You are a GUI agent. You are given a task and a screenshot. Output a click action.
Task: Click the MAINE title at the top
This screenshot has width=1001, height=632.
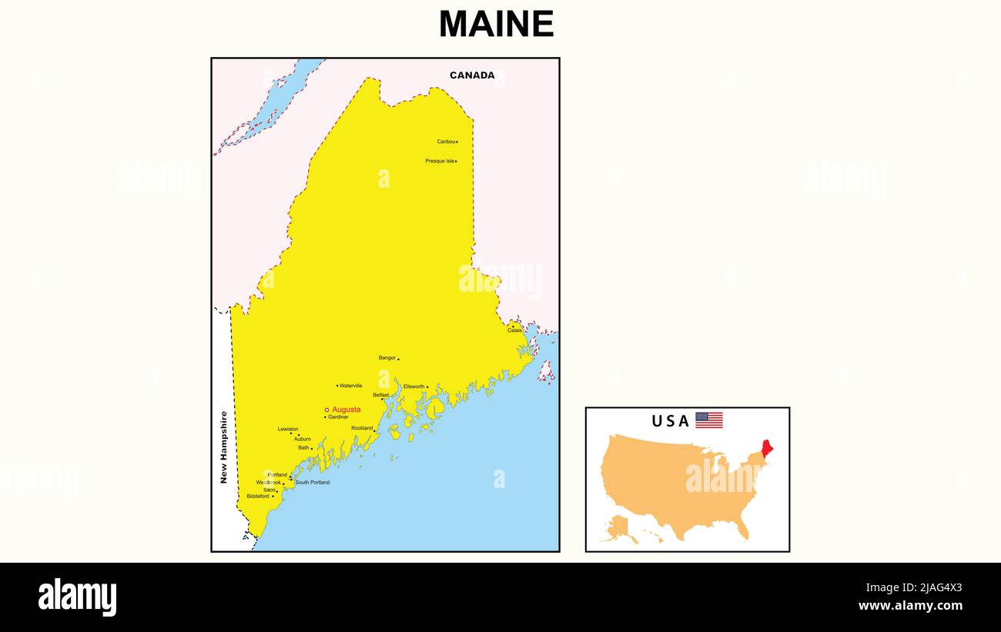click(x=496, y=25)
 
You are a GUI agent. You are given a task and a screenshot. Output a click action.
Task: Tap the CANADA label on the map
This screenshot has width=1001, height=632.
click(x=472, y=75)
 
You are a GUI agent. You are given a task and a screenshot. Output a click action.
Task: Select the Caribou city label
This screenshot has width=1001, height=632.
click(x=446, y=142)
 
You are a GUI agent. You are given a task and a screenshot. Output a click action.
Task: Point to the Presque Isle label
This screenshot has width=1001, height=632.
click(x=440, y=161)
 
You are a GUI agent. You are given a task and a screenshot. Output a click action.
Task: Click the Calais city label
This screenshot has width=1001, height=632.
click(x=514, y=330)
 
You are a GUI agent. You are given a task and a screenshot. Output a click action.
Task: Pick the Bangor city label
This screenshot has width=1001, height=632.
click(x=387, y=358)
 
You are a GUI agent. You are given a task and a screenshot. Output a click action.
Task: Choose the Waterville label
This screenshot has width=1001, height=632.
click(x=350, y=386)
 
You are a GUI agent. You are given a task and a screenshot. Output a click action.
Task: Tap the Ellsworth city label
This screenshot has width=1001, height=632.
click(x=413, y=386)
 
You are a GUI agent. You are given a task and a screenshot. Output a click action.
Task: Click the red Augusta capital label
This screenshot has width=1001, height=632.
click(x=346, y=410)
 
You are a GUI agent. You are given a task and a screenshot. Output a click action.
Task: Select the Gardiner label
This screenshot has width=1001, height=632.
click(x=338, y=417)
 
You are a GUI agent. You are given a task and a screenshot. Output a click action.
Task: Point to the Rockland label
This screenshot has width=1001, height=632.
click(x=362, y=428)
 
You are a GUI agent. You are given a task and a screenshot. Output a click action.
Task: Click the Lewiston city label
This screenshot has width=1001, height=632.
click(x=288, y=429)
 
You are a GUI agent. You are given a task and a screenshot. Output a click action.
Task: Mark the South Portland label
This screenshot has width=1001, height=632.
click(x=313, y=483)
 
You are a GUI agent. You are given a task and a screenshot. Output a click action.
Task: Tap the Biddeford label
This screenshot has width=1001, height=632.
click(x=258, y=497)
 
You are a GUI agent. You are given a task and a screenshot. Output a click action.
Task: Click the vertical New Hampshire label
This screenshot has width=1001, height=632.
click(x=224, y=447)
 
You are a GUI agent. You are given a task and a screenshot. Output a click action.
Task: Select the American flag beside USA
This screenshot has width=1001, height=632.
click(x=709, y=420)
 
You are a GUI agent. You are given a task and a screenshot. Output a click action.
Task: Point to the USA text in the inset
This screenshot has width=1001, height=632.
click(x=670, y=421)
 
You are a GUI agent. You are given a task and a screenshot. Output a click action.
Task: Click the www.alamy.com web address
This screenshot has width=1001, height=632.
click(x=910, y=606)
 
